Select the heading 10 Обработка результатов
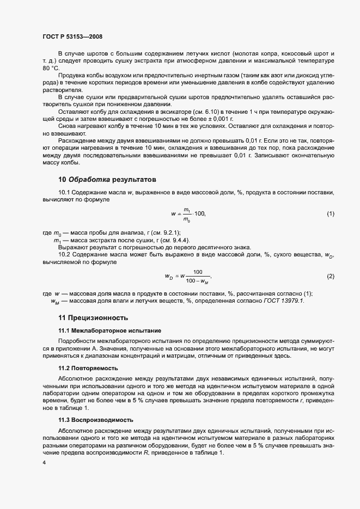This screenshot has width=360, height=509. coord(107,179)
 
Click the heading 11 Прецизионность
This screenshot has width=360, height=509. coord(93,317)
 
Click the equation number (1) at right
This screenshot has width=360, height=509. coord(330,213)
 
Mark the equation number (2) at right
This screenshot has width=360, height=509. coord(330,276)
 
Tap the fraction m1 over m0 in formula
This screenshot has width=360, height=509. coord(187,214)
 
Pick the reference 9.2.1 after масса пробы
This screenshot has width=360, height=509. coord(168,233)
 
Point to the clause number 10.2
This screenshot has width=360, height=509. coord(64,254)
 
